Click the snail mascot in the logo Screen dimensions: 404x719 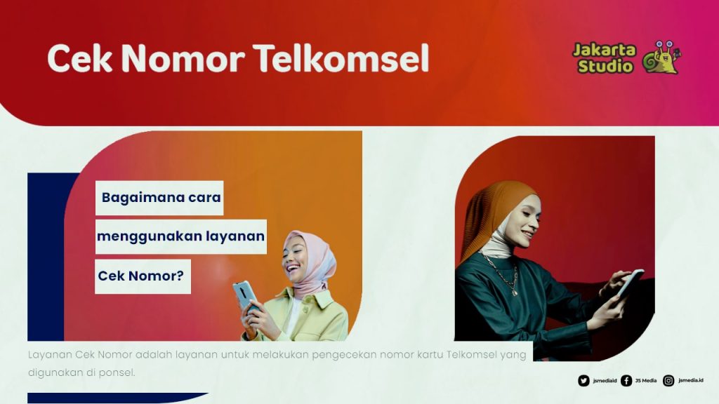(x=661, y=58)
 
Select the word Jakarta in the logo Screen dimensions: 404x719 (x=604, y=50)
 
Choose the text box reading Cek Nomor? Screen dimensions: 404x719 (x=143, y=276)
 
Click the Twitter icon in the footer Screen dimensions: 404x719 (x=583, y=381)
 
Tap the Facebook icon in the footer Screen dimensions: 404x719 (x=626, y=381)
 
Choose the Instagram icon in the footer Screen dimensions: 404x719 (x=668, y=381)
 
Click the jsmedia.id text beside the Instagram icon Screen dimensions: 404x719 (x=691, y=381)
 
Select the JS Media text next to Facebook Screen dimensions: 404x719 (x=646, y=381)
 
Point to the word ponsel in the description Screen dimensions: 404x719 (x=117, y=372)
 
